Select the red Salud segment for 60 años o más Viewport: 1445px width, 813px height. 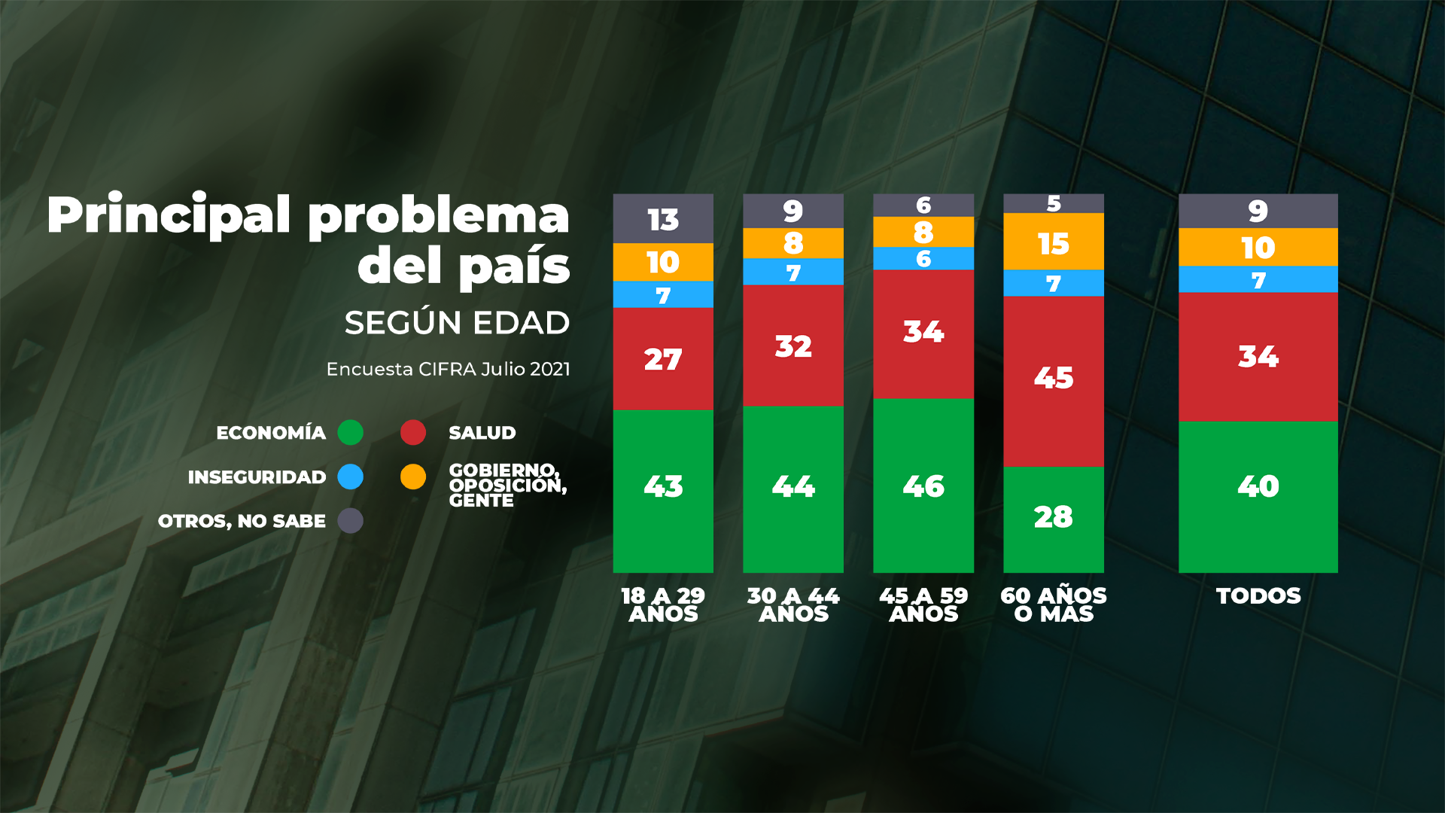click(x=1053, y=381)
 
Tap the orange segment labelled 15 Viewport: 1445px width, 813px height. click(x=1053, y=242)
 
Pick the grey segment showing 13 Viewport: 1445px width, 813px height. click(x=663, y=218)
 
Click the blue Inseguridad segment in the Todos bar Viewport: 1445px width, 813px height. click(x=1258, y=279)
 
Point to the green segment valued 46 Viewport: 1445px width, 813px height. click(x=923, y=486)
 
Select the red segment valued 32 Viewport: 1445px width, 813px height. click(x=792, y=346)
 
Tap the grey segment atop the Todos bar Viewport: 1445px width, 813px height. click(x=1258, y=211)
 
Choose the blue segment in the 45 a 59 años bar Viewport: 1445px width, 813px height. click(x=923, y=258)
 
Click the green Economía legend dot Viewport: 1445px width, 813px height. click(x=351, y=433)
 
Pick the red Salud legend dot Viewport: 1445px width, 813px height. click(x=413, y=433)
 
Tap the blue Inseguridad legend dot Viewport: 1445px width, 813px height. click(x=351, y=477)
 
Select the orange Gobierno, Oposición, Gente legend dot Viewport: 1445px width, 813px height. click(x=413, y=477)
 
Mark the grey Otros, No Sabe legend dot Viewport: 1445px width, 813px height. click(x=351, y=520)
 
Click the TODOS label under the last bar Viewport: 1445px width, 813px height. click(x=1258, y=596)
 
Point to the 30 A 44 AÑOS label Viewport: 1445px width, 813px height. click(x=792, y=604)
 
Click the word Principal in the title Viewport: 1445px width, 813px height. click(x=169, y=215)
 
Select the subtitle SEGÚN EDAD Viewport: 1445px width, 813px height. click(x=457, y=323)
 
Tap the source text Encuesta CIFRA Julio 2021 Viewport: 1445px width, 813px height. click(x=448, y=369)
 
